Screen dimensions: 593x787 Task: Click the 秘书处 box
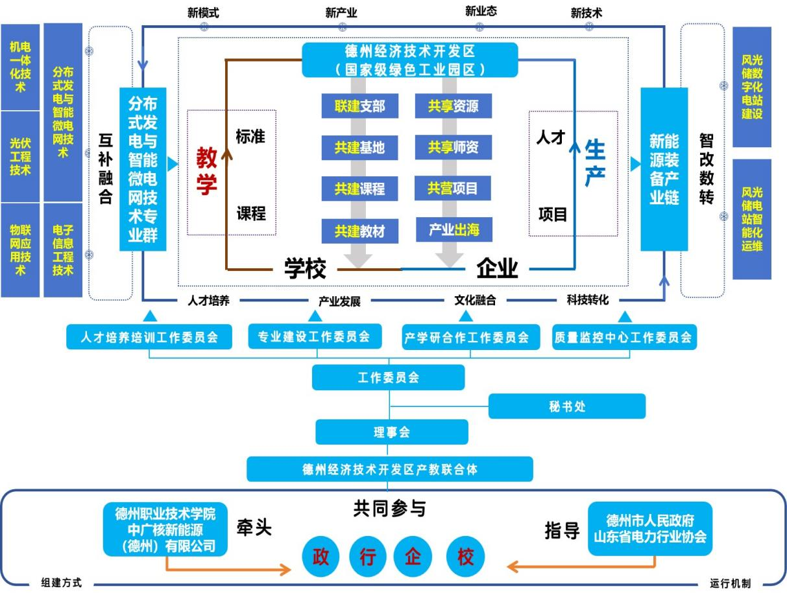(566, 406)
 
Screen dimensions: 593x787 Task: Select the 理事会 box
(391, 432)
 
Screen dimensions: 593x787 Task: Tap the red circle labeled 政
(321, 557)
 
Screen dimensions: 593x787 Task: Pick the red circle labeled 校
(465, 557)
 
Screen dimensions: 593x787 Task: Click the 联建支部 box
(359, 106)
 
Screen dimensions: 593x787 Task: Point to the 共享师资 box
(453, 147)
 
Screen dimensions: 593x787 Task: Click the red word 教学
(207, 171)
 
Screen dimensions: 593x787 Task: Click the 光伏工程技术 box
(20, 156)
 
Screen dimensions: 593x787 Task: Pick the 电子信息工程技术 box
(63, 250)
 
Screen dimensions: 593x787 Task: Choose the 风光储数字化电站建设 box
(752, 87)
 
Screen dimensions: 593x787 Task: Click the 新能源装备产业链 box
(664, 169)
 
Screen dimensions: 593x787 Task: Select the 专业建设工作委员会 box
(315, 336)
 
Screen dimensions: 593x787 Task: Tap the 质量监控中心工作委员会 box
(623, 338)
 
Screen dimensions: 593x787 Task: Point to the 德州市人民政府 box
(649, 528)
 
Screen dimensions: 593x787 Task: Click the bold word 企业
(497, 268)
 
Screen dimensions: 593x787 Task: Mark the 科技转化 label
(587, 300)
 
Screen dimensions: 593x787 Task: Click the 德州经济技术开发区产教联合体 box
(389, 469)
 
